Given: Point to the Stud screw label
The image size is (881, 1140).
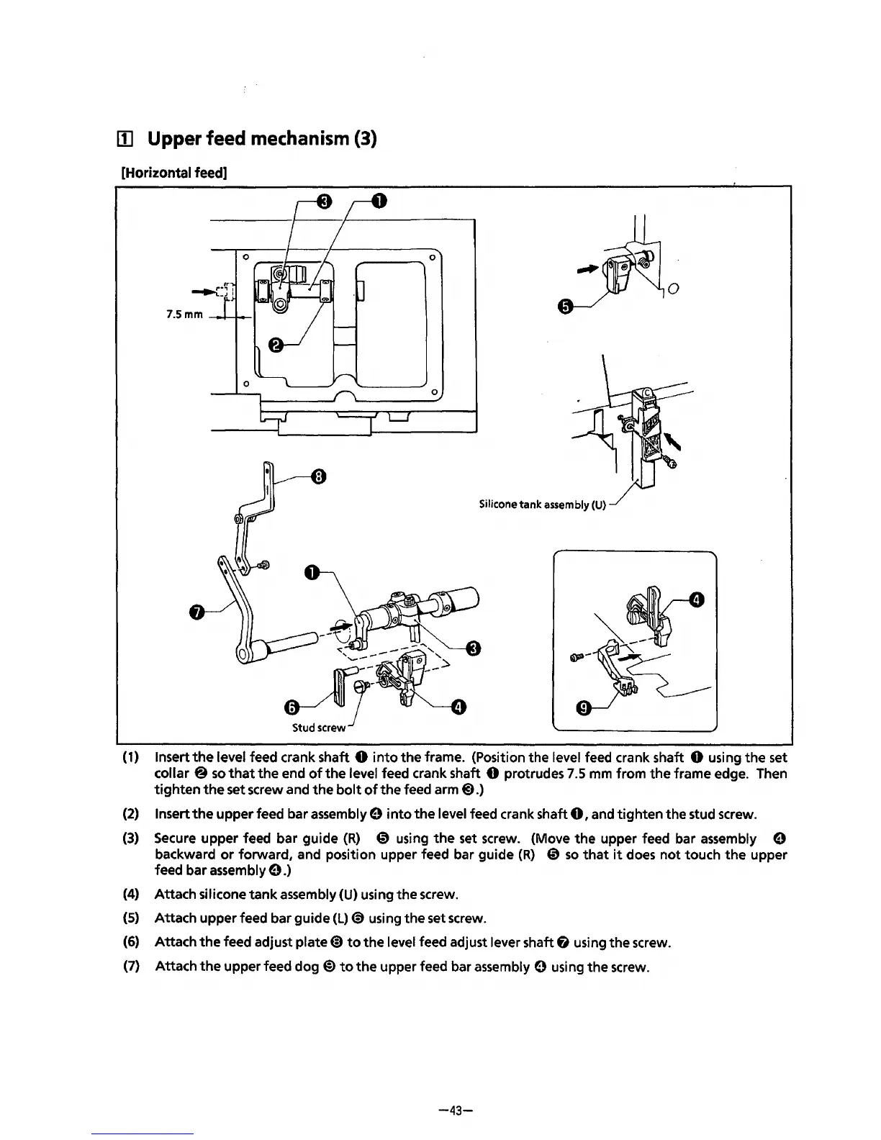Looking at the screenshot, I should tap(319, 727).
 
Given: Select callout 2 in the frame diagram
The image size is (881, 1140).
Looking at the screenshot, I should tap(275, 345).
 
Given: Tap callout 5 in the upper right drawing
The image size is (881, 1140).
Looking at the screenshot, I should tap(565, 307).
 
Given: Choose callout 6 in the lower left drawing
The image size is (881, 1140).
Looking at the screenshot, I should tap(291, 707).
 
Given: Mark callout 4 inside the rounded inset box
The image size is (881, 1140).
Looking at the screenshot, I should tap(696, 600).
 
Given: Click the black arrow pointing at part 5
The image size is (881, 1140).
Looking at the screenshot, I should tap(587, 269).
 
